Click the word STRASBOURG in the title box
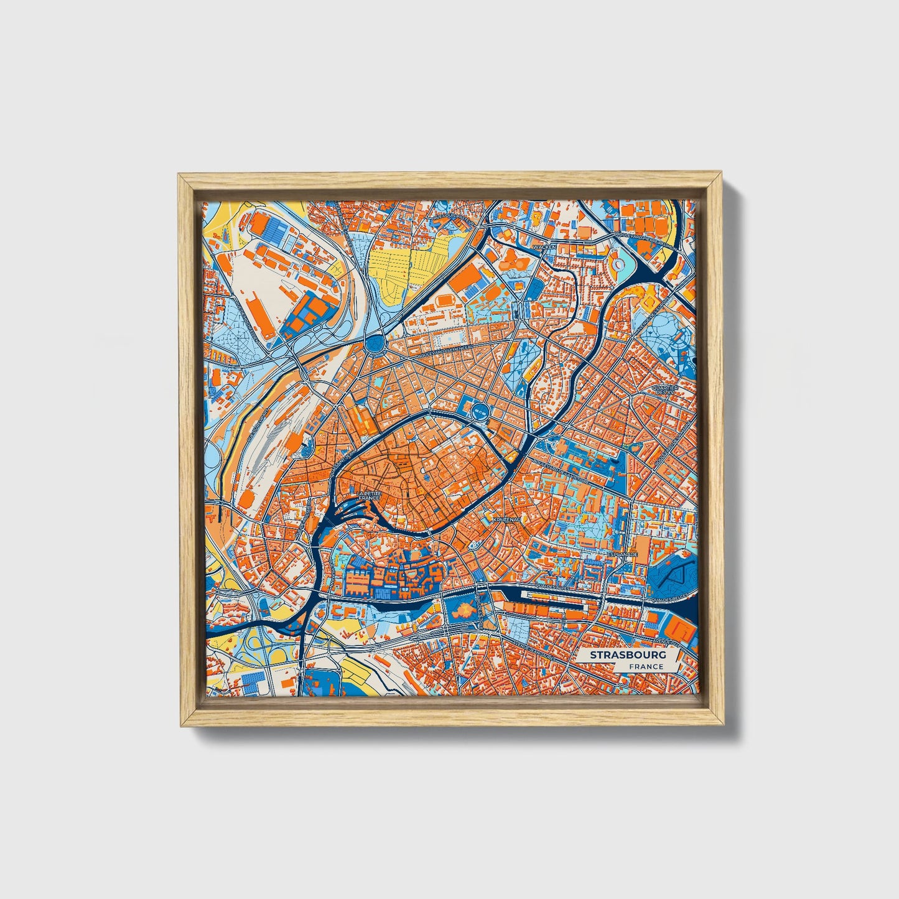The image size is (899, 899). pyautogui.click(x=628, y=655)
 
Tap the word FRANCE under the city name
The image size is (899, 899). pyautogui.click(x=645, y=667)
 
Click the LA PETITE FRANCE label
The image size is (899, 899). pyautogui.click(x=369, y=495)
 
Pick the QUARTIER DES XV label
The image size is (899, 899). pyautogui.click(x=664, y=390)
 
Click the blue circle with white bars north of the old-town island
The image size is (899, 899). pyautogui.click(x=479, y=410)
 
